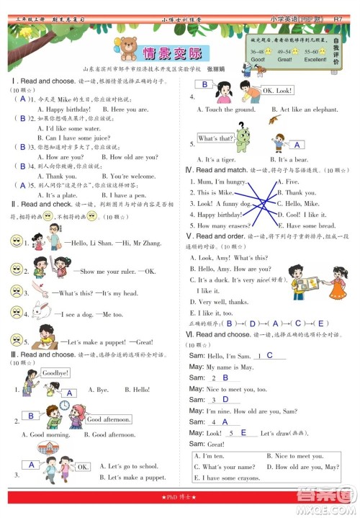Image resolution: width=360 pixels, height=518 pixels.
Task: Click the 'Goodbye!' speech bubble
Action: point(55,373)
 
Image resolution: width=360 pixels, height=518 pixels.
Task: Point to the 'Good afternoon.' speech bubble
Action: point(105,419)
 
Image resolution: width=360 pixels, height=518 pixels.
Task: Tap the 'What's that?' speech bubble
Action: point(215,138)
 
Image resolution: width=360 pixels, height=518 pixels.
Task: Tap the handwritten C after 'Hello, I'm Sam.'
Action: point(269,355)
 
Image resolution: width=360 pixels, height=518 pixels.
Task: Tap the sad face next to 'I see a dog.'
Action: point(15,313)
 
